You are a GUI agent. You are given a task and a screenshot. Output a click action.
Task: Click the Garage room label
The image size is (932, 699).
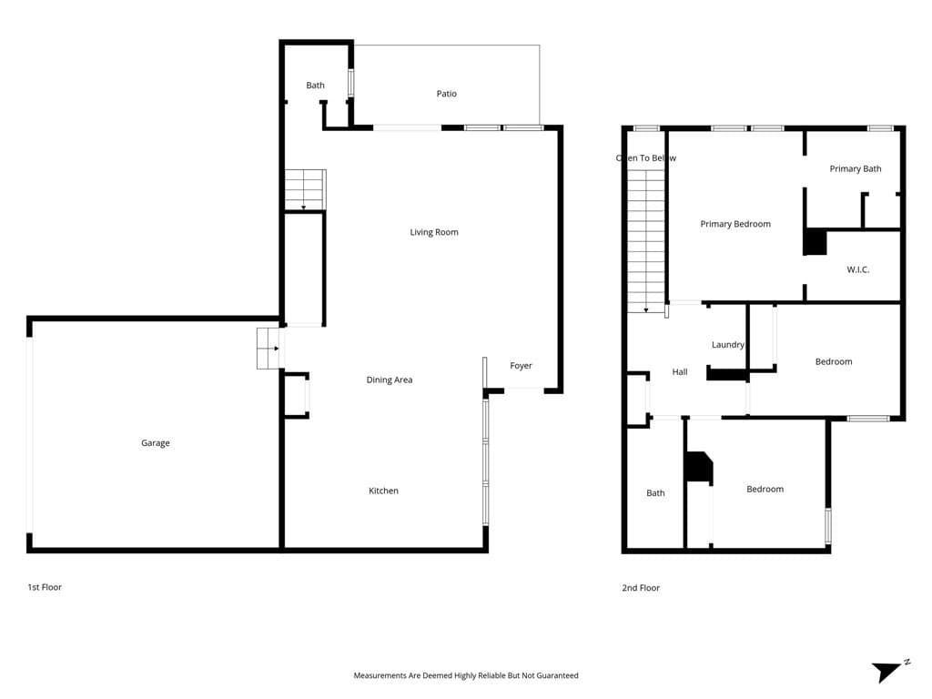click(155, 443)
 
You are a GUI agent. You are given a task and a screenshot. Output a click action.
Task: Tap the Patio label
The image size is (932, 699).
click(446, 94)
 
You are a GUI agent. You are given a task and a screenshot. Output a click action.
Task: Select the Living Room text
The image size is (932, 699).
click(434, 232)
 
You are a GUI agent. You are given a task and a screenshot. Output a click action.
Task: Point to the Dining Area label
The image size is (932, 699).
click(390, 380)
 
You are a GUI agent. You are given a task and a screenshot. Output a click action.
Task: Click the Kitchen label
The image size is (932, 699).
click(383, 491)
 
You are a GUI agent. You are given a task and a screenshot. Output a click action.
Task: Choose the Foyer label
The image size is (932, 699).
click(521, 366)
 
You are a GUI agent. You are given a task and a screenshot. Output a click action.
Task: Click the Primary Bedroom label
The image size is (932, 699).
click(735, 224)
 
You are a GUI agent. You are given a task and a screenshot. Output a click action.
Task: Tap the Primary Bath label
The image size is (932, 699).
click(855, 168)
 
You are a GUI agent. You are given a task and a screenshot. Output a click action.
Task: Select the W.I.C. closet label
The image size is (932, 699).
click(858, 269)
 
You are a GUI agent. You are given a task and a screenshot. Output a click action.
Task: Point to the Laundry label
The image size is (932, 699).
click(728, 345)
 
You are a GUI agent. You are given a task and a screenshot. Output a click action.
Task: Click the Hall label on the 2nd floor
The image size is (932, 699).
click(680, 372)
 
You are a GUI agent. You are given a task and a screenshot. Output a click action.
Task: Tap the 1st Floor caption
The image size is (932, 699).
click(45, 587)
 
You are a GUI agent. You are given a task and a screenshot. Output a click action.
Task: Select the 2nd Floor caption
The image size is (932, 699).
click(641, 588)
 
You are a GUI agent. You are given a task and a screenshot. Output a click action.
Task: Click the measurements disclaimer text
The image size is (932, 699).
click(466, 675)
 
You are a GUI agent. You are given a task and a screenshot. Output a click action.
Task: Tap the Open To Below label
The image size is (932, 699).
click(646, 158)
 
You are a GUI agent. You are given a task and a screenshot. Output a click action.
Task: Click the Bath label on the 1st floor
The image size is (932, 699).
click(315, 86)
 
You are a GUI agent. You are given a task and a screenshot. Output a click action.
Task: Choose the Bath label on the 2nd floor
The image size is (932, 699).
click(655, 493)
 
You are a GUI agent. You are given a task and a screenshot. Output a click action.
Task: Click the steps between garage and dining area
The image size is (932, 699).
click(268, 349)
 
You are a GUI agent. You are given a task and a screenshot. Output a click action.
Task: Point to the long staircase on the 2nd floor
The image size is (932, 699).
click(646, 241)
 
